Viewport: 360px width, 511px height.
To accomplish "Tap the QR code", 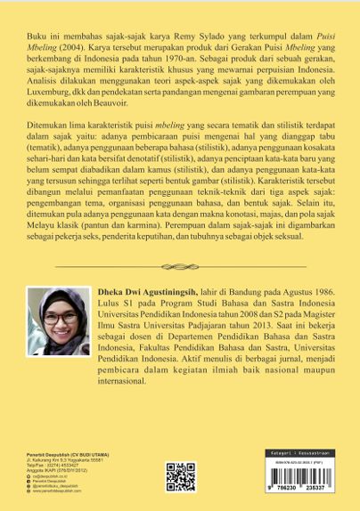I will click(181, 476).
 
